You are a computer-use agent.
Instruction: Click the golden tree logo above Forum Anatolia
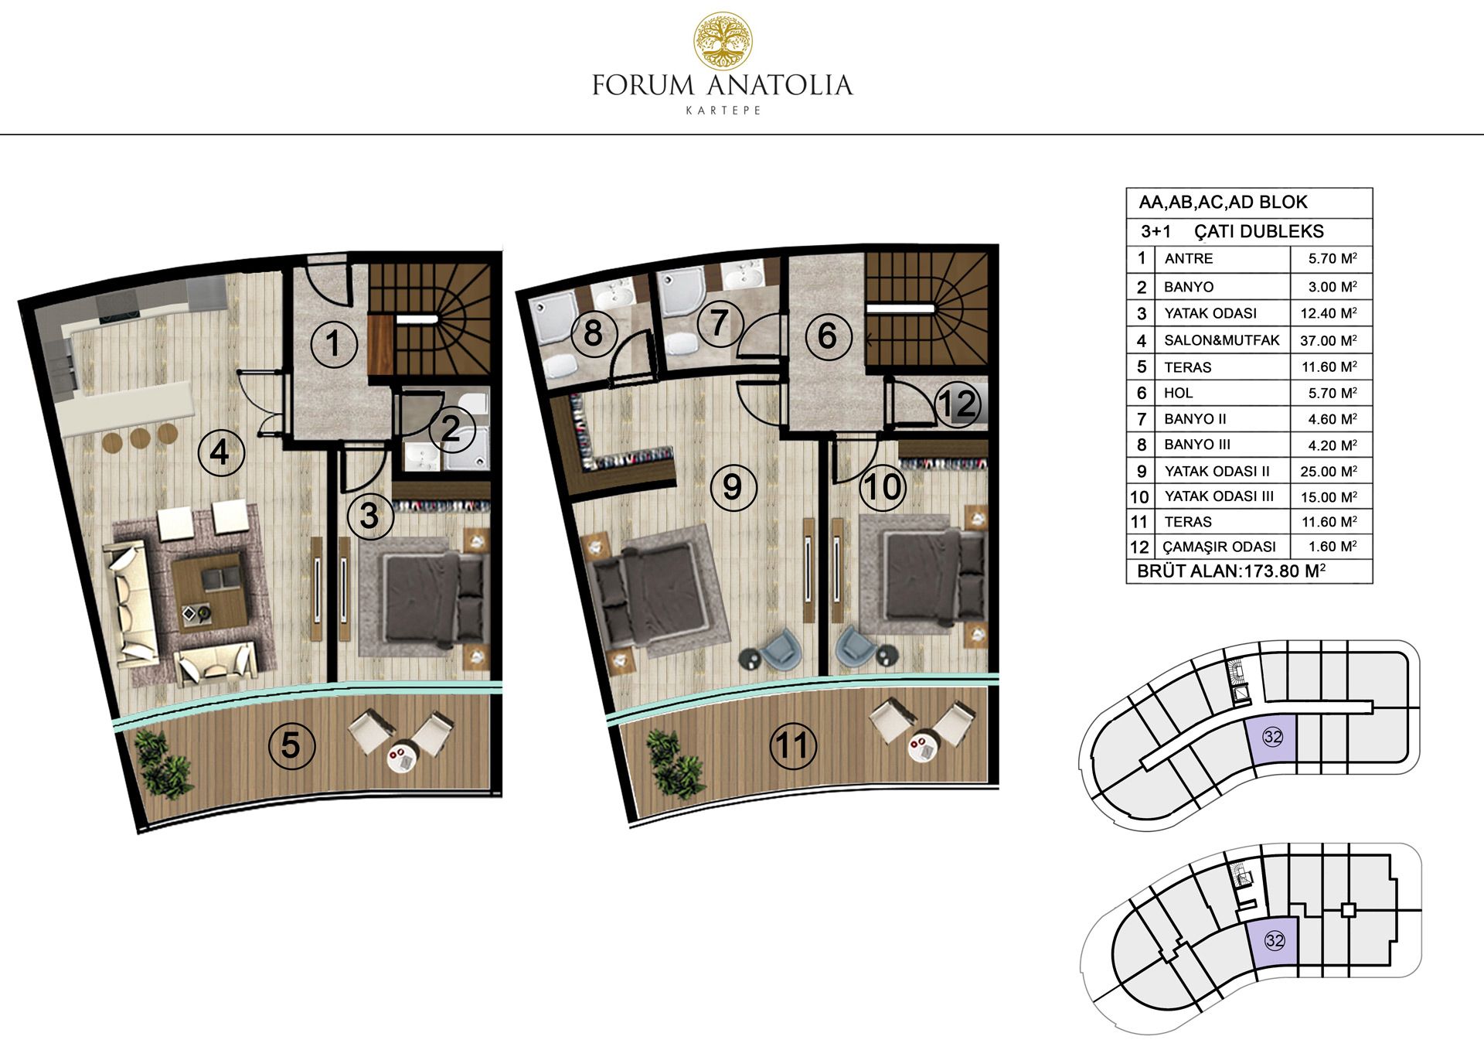(x=723, y=40)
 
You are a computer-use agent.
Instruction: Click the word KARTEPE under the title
(x=723, y=111)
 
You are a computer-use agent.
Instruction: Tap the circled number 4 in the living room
(x=221, y=452)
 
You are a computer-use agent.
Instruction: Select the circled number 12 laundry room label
(x=958, y=403)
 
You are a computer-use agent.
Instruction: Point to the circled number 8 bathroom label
(x=593, y=334)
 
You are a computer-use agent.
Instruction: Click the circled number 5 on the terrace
(x=291, y=745)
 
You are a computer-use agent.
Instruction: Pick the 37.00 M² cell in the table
(x=1329, y=340)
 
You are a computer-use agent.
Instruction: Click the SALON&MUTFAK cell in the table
(x=1222, y=340)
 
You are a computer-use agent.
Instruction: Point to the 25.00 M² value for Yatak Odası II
(x=1329, y=471)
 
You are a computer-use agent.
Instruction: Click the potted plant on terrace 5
(x=164, y=763)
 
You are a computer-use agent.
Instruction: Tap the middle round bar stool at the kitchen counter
(x=140, y=438)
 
